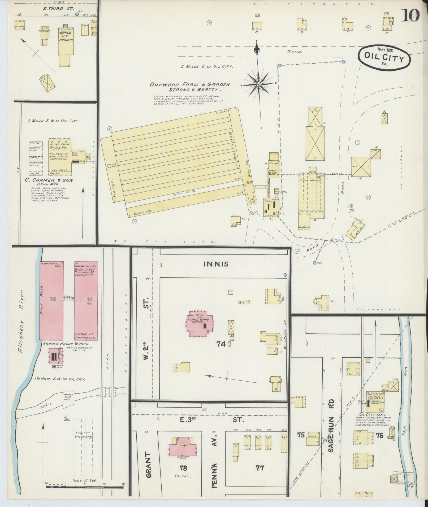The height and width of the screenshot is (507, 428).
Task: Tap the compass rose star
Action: pos(258,85)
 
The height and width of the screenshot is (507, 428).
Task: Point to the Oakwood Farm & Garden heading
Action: pos(190,87)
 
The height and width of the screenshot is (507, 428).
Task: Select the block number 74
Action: pos(221,344)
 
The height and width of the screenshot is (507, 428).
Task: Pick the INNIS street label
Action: pos(216,264)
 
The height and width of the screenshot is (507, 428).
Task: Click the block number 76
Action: pos(380,435)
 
